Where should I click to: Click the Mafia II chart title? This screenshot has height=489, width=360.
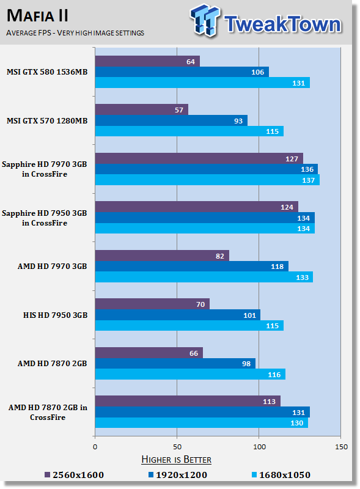(x=37, y=16)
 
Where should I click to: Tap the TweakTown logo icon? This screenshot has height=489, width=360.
(x=205, y=21)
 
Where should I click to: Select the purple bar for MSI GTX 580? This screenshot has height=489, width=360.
(x=147, y=61)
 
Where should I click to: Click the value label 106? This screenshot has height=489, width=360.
(x=258, y=72)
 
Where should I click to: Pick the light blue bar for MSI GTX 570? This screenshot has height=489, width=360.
(x=189, y=131)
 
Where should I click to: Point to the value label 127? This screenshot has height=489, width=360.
(x=292, y=159)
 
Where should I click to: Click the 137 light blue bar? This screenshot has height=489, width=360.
(x=207, y=180)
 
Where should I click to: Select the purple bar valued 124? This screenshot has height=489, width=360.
(x=197, y=207)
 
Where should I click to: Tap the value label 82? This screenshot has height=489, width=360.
(x=220, y=256)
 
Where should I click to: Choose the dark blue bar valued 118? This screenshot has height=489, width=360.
(x=192, y=267)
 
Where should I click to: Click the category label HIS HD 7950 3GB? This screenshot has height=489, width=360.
(x=55, y=315)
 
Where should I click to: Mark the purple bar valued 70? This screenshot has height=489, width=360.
(x=153, y=304)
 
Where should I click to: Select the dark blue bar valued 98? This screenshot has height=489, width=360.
(x=175, y=364)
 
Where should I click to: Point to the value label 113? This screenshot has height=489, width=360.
(x=269, y=402)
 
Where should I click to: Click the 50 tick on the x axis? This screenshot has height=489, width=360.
(x=177, y=447)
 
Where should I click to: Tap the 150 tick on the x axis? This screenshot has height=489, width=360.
(x=341, y=447)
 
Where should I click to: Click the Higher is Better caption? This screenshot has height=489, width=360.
(x=176, y=460)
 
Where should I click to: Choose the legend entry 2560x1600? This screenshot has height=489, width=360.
(x=74, y=475)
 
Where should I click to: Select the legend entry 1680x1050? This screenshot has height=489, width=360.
(x=281, y=475)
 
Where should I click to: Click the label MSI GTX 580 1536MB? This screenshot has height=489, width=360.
(x=47, y=72)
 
